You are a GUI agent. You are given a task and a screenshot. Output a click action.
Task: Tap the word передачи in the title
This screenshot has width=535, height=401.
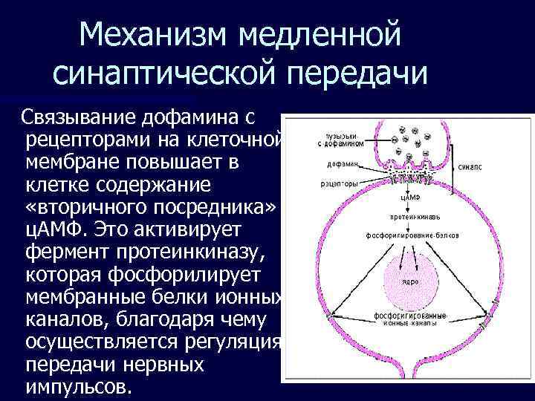356,74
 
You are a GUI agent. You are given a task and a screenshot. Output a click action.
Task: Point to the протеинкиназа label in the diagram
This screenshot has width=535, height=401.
414,217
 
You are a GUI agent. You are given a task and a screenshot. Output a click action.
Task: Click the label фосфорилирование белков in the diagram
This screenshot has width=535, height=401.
411,235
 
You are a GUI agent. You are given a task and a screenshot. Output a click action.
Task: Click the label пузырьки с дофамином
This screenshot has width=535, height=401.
343,140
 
